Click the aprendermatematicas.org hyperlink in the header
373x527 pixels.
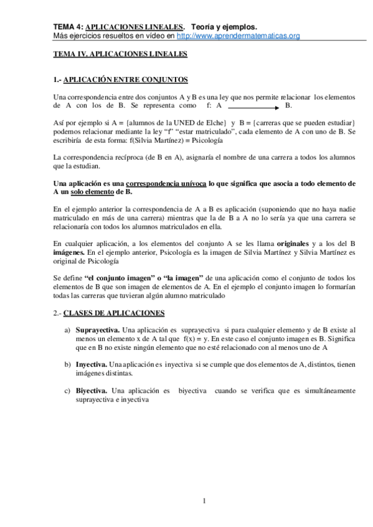[240, 36]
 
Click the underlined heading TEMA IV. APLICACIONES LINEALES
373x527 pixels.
[120, 55]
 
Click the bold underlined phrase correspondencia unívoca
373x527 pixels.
[165, 185]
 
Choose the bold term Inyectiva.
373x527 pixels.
[91, 362]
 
